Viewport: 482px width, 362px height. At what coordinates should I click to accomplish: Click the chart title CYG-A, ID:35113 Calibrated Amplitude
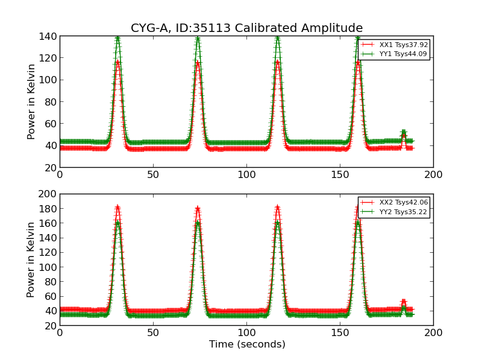pos(246,28)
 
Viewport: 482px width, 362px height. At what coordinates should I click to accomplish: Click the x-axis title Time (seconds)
pos(246,345)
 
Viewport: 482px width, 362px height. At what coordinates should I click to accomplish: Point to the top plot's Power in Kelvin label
pos(31,101)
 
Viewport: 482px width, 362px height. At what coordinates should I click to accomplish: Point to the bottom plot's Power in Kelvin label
pos(31,259)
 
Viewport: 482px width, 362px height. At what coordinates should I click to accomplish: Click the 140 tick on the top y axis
pos(49,36)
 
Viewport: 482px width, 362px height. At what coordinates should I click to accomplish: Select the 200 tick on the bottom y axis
pos(49,194)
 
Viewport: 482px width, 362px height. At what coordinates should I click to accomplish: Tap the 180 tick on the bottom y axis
pos(49,209)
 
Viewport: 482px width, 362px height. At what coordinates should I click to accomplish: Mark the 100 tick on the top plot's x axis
pos(246,174)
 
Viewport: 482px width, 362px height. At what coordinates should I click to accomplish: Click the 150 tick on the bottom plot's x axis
pos(340,332)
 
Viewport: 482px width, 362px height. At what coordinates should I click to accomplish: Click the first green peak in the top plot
pos(117,38)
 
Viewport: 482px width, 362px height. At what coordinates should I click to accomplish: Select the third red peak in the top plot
pos(277,62)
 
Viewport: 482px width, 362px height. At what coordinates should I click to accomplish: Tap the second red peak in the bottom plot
pos(198,209)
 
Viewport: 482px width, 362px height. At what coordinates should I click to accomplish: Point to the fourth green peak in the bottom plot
pos(358,223)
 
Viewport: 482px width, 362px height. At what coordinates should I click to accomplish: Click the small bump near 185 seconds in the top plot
pos(404,132)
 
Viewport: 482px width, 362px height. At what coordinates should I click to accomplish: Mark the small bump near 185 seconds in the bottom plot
pos(404,302)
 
